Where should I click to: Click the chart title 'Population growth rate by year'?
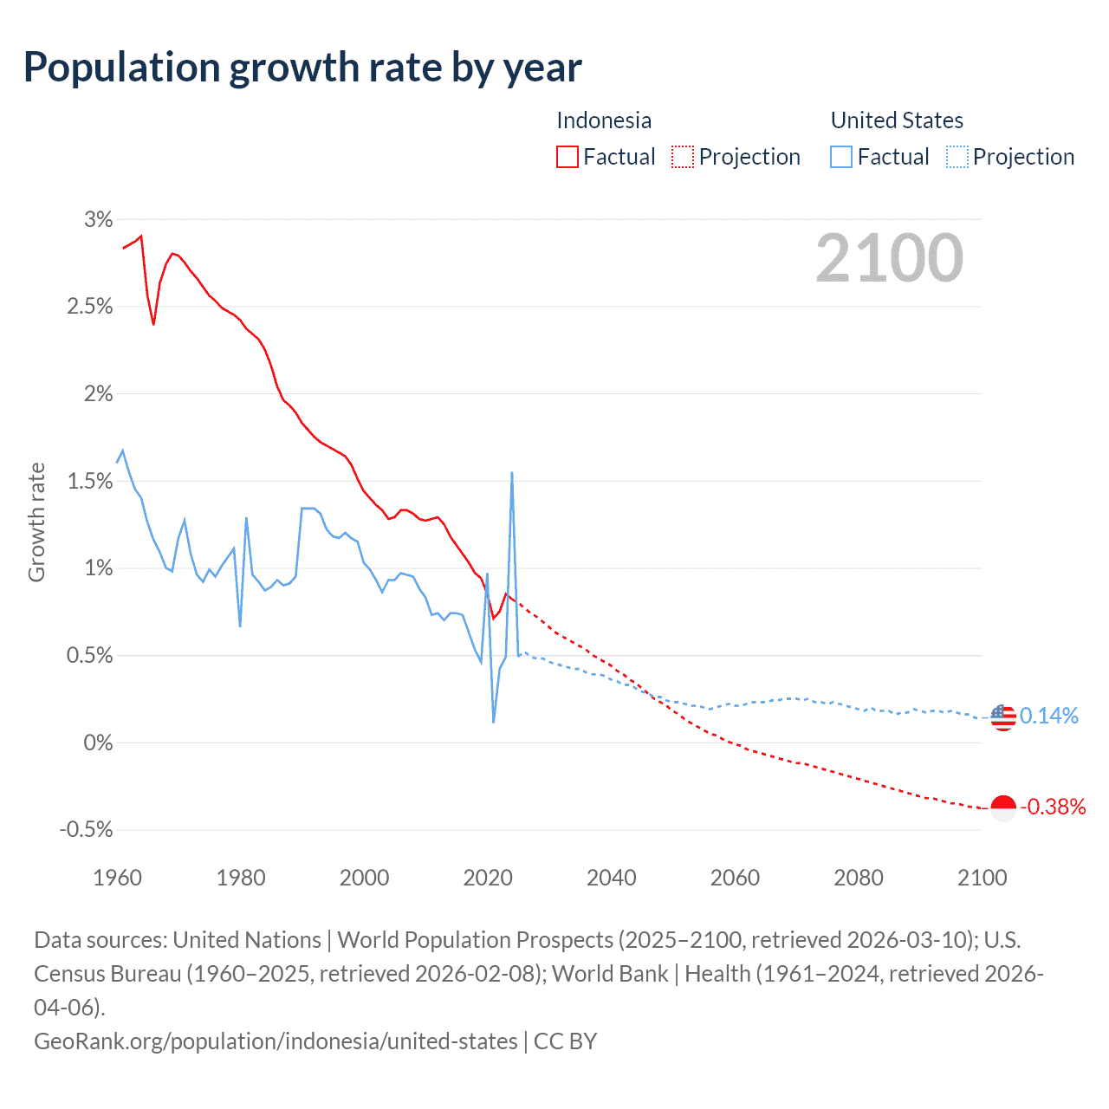(302, 68)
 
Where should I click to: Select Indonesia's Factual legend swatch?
(567, 157)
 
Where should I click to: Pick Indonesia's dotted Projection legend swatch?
(683, 157)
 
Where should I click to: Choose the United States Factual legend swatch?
(841, 157)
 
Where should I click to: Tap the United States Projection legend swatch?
(957, 157)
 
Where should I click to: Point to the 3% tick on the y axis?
(99, 220)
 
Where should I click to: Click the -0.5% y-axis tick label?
(87, 830)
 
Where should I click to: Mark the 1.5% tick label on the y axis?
(91, 482)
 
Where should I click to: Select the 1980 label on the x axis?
(241, 878)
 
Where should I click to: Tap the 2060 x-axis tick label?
(735, 878)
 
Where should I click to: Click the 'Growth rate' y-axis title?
(36, 522)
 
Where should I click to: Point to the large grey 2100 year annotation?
(889, 258)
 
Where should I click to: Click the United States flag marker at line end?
(1002, 717)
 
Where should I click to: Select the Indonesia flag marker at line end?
(1002, 807)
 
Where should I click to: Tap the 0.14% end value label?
(1049, 716)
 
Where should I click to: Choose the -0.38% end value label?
(1053, 807)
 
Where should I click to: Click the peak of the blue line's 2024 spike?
(512, 473)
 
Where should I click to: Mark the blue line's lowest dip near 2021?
(494, 722)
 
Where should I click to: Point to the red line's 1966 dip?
(153, 324)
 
